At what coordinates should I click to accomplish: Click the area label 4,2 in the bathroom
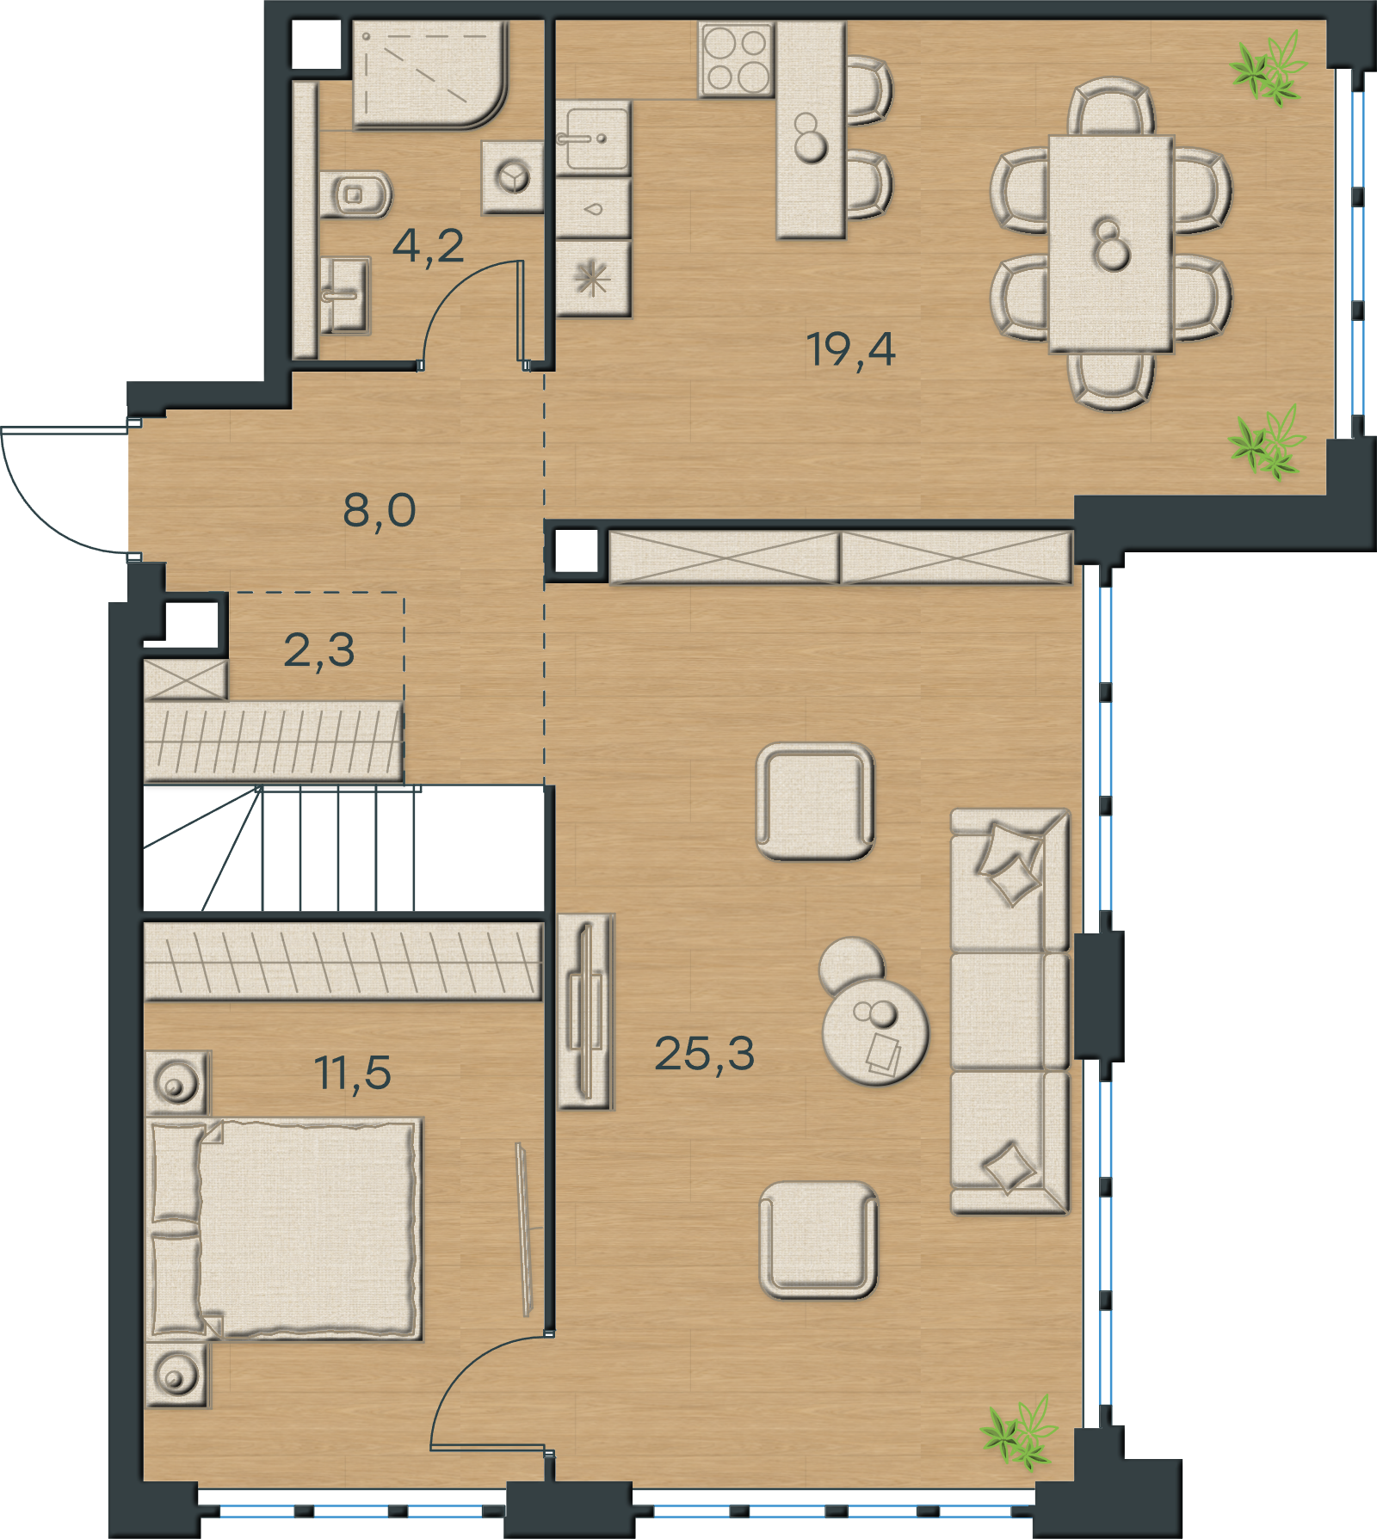pyautogui.click(x=428, y=246)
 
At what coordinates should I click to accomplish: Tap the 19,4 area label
pyautogui.click(x=850, y=349)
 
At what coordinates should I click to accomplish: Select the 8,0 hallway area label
pyautogui.click(x=380, y=510)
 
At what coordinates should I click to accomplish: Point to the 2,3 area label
pyautogui.click(x=319, y=650)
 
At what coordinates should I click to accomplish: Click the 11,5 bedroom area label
pyautogui.click(x=353, y=1073)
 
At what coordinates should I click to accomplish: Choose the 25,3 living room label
pyautogui.click(x=705, y=1053)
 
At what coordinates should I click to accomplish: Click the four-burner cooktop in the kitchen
pyautogui.click(x=737, y=59)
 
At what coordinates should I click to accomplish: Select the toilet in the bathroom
pyautogui.click(x=355, y=194)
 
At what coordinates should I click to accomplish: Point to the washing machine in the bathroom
pyautogui.click(x=513, y=177)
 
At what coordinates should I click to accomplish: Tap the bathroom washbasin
pyautogui.click(x=345, y=295)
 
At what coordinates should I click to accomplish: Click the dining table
pyautogui.click(x=1110, y=243)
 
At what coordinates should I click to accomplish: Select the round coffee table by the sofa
pyautogui.click(x=875, y=1031)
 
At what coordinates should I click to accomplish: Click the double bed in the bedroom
pyautogui.click(x=284, y=1228)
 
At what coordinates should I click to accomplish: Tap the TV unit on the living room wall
pyautogui.click(x=586, y=1012)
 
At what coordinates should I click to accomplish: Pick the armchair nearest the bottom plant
pyautogui.click(x=818, y=1240)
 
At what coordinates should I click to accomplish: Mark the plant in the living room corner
pyautogui.click(x=1020, y=1432)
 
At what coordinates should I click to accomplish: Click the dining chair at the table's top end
pyautogui.click(x=1111, y=107)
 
